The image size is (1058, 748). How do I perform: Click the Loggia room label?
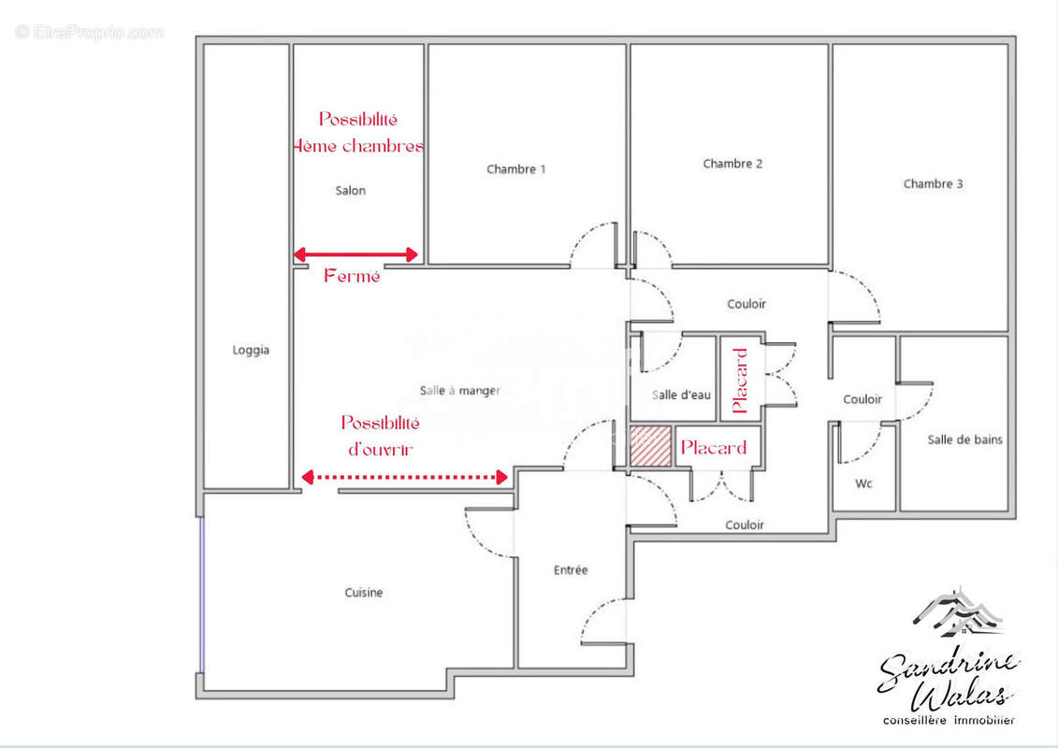[250, 351]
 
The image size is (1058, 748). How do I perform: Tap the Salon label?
[351, 191]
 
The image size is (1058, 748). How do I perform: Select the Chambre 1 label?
[516, 169]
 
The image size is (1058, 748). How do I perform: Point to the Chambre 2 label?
[732, 164]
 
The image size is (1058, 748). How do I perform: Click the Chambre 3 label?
[933, 184]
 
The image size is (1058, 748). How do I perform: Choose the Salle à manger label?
[459, 391]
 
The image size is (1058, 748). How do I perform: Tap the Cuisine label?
[363, 593]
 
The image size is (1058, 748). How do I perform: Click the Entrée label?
[571, 570]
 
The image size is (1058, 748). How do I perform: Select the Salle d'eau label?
[682, 396]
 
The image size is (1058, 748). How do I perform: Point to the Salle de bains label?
[964, 439]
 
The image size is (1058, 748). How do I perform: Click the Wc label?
[863, 484]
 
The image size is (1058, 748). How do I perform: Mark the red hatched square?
[650, 447]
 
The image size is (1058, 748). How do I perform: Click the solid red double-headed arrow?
[355, 254]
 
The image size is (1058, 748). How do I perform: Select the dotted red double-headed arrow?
[404, 477]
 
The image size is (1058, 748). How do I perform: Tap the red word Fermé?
[352, 277]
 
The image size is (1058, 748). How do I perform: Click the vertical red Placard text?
[741, 380]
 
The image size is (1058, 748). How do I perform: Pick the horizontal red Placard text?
[714, 448]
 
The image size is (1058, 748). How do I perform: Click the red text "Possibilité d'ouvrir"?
[381, 436]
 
